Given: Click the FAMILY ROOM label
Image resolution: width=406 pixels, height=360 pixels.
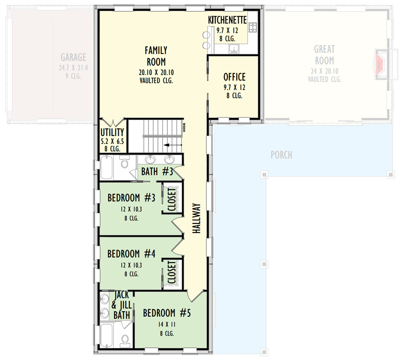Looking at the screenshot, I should (155, 56).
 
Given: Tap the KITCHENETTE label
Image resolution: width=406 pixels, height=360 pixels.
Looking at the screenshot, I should (227, 20).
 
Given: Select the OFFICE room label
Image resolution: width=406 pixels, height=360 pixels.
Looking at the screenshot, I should (234, 77).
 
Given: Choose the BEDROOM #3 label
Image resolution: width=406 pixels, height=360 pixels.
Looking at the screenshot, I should (131, 198).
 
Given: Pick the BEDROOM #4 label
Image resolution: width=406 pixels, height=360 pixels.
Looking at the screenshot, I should (131, 254).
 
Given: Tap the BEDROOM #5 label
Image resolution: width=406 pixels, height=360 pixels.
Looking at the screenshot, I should (167, 313).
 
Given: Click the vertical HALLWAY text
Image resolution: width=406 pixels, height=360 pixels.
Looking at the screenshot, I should (196, 218).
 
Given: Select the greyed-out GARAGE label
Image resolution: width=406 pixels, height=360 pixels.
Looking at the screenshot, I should (74, 57).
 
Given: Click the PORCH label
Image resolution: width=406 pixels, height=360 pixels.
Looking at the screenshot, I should (281, 155).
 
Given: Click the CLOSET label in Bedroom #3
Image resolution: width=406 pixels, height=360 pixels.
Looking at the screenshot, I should (172, 198).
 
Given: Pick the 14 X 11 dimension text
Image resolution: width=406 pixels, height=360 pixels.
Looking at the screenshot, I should (167, 324).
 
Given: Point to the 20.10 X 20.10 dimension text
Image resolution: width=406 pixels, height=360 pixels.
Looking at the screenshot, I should (157, 72).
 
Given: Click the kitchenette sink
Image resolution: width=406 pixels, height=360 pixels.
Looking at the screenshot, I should (234, 48).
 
